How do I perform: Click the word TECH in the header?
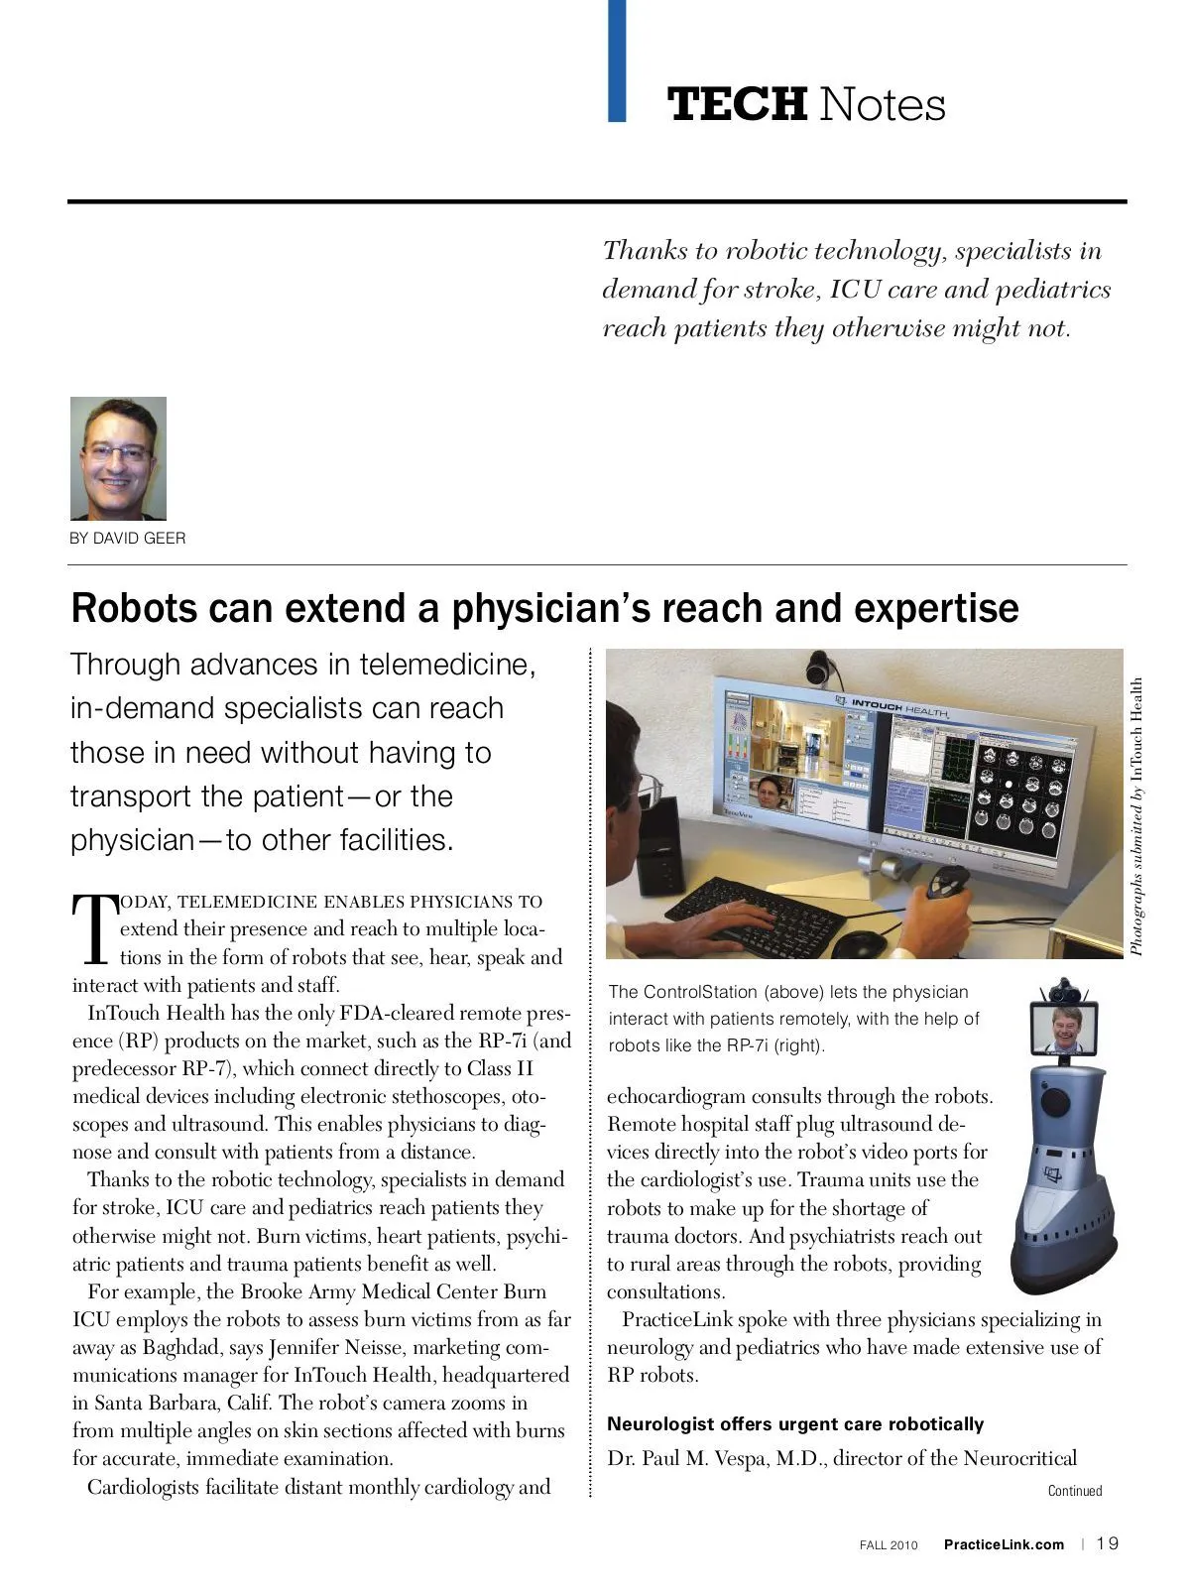coord(737,104)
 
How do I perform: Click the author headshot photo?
coord(118,458)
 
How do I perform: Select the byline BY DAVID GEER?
coord(128,539)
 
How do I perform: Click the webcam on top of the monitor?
coord(823,669)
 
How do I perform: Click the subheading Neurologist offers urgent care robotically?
coord(794,1424)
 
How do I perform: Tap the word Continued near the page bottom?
coord(1075,1491)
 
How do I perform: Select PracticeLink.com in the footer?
coord(1004,1544)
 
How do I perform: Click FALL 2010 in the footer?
coord(889,1544)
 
